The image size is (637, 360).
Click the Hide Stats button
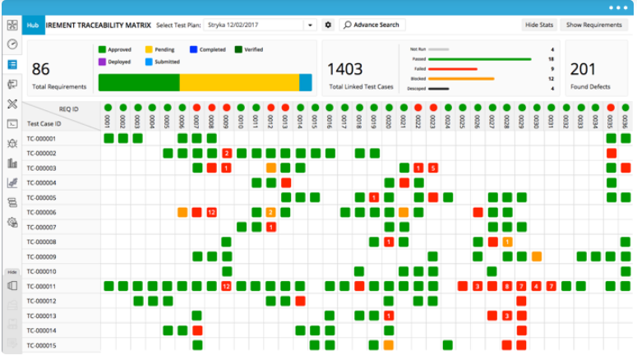point(539,25)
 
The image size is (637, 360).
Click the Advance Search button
point(371,25)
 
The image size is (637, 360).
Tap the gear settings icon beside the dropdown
point(328,25)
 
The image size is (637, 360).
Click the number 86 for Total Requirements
point(40,70)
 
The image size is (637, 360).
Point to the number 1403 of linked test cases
point(346,70)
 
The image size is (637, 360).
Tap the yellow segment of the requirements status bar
point(238,82)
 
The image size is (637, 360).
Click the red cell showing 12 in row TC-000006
point(211,212)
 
